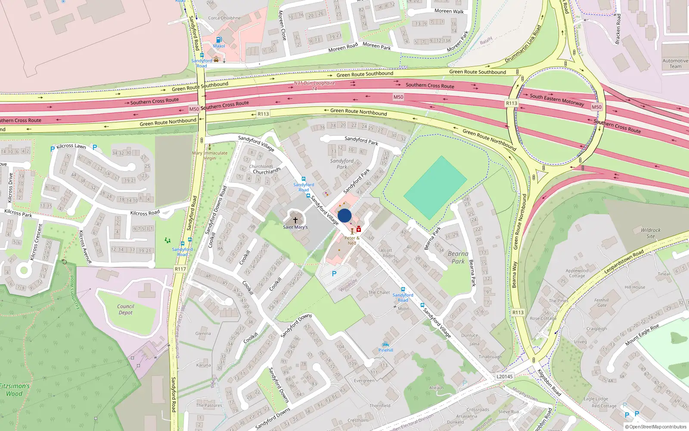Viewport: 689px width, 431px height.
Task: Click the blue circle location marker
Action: [x=344, y=215]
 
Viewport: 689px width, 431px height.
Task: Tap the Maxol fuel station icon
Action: [x=219, y=40]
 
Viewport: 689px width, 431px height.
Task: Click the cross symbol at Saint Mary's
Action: [x=295, y=220]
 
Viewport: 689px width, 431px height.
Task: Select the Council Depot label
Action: [x=126, y=309]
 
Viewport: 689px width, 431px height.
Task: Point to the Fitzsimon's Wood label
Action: [x=15, y=390]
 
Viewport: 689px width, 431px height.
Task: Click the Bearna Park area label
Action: [x=458, y=257]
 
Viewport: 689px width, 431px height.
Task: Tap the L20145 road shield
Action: [x=504, y=376]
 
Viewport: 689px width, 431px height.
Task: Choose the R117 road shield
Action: [x=180, y=269]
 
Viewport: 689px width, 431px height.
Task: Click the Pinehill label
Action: [x=386, y=350]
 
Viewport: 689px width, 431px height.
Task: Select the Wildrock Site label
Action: [x=650, y=233]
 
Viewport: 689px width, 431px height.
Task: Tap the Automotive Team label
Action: [x=675, y=63]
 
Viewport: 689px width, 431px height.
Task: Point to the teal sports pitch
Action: [x=435, y=187]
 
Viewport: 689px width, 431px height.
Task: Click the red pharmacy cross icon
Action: [x=359, y=229]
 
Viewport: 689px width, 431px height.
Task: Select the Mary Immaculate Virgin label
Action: [x=210, y=156]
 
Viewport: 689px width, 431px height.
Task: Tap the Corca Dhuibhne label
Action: [x=224, y=18]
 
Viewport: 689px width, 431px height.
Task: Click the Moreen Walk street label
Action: [x=449, y=11]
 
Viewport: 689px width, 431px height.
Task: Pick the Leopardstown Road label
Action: [x=624, y=261]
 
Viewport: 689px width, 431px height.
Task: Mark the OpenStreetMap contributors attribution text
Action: [x=655, y=427]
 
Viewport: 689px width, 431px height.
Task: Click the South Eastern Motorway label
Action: [x=557, y=100]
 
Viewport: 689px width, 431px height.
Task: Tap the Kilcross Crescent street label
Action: [x=37, y=242]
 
